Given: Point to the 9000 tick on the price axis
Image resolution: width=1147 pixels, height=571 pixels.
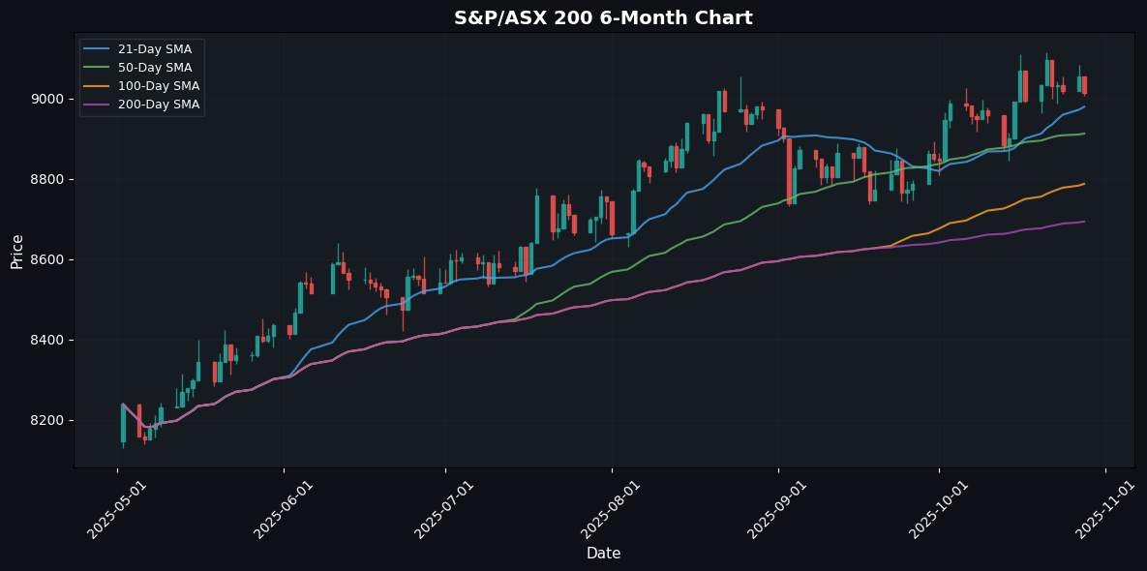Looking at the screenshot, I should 49,100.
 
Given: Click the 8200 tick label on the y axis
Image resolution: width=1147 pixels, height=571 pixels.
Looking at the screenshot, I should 49,421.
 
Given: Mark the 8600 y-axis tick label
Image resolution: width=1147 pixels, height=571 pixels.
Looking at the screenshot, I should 49,260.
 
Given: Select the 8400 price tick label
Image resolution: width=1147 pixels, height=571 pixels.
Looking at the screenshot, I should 49,341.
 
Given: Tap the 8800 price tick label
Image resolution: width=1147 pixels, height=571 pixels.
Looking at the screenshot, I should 49,180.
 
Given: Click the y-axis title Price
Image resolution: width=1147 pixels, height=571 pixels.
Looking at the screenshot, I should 17,252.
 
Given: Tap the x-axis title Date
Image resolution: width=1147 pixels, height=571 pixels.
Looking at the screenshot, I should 603,554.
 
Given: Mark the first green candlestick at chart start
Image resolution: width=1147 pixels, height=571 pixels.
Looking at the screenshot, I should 123,423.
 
